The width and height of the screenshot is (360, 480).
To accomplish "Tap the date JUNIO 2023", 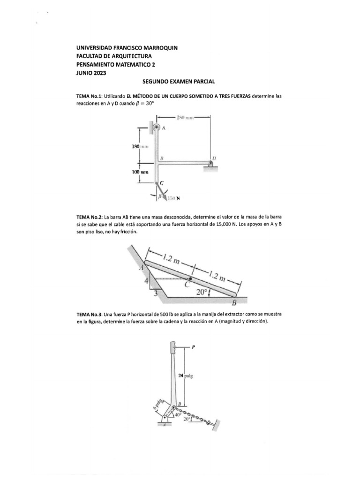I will pos(91,73).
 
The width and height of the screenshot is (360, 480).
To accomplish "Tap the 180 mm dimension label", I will pos(140,147).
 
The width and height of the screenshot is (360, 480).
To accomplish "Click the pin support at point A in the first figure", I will pos(157,127).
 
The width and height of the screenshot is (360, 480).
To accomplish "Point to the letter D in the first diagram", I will pos(214,158).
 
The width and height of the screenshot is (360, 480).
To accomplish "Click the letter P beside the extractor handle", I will pos(193,347).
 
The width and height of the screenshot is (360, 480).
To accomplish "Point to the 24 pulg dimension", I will pos(185,375).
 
